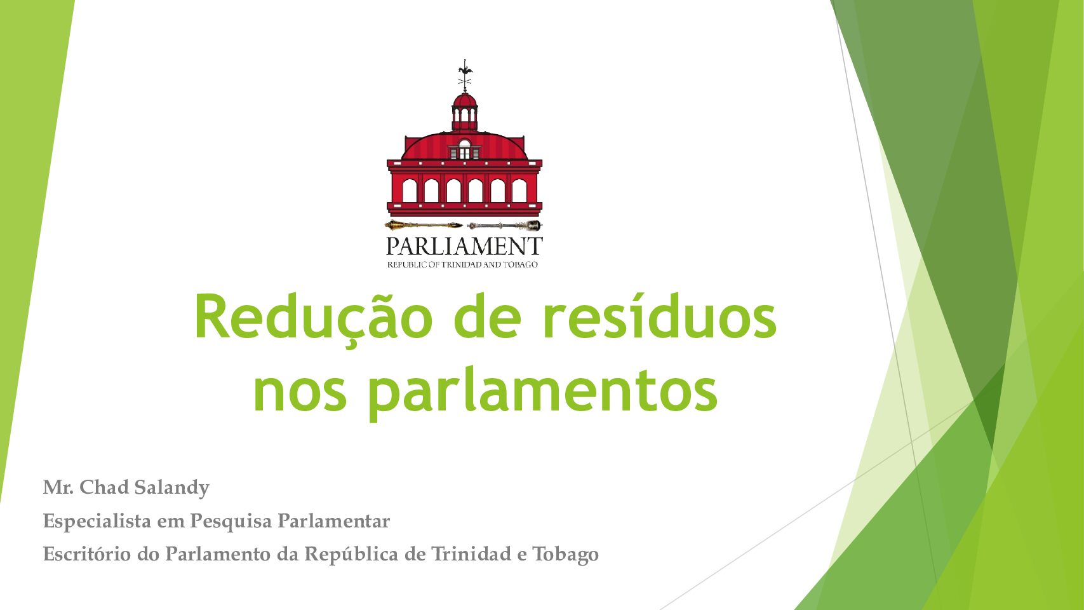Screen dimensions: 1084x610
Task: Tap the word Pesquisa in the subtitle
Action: [231, 522]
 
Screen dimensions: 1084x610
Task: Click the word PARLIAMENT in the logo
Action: [465, 246]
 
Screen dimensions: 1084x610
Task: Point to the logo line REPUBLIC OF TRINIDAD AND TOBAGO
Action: [463, 264]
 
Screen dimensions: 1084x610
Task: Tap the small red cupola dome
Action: [465, 100]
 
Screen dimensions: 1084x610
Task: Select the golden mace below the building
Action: [424, 225]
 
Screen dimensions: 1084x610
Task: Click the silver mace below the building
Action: [504, 225]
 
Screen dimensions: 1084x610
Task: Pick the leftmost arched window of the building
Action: [410, 191]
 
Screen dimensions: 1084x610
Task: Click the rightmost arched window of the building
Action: [519, 191]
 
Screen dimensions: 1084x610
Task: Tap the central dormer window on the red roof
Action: [465, 149]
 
